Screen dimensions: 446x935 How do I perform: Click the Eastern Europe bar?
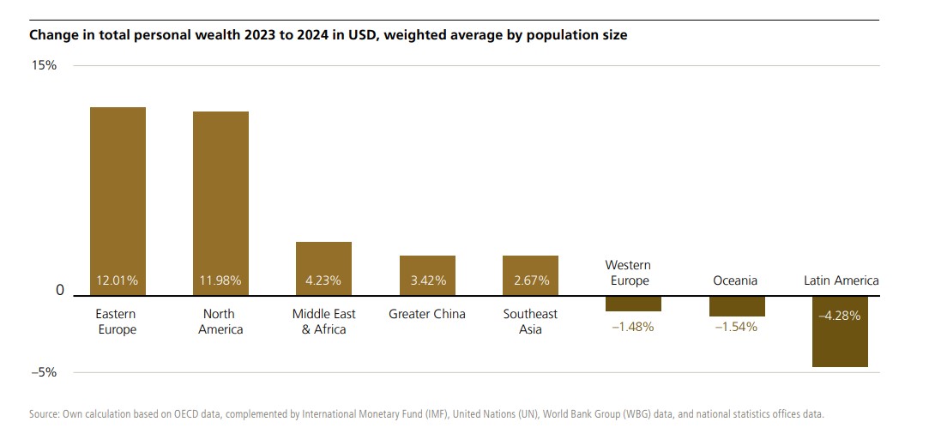point(118,201)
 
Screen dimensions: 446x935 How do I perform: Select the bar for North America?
point(220,203)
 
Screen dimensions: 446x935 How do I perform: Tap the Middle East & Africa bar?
point(323,268)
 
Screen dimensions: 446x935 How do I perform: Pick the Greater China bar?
point(427,274)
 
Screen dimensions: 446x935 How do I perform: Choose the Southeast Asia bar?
point(530,274)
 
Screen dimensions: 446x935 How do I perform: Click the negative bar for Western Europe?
point(633,304)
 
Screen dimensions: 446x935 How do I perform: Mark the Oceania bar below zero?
point(737,306)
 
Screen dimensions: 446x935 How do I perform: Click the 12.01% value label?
point(118,280)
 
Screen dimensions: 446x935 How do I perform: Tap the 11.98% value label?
point(220,280)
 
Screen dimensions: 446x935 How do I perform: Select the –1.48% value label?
point(633,327)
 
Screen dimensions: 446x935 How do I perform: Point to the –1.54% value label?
point(737,327)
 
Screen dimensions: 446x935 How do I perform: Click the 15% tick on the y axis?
point(45,65)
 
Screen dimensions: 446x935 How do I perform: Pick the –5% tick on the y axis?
point(45,372)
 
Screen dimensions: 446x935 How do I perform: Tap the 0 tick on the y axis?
point(60,291)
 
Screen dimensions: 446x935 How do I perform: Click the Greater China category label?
point(427,314)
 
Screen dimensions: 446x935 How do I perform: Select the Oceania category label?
point(737,280)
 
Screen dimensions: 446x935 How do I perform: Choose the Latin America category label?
point(841,280)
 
